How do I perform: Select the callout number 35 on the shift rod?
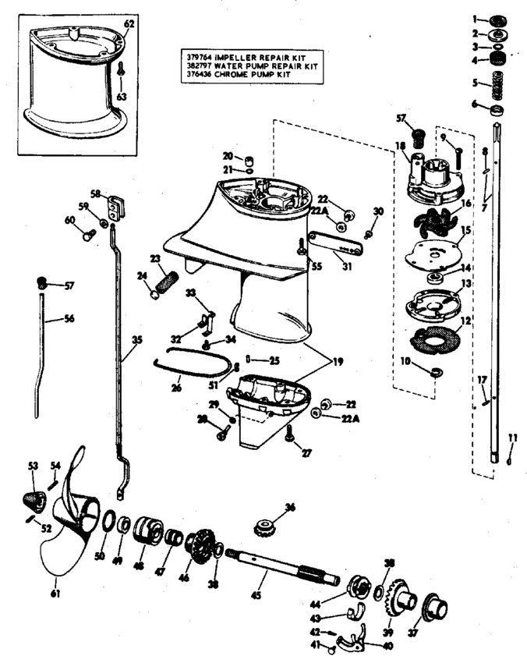click(x=138, y=340)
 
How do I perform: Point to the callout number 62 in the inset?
click(x=129, y=24)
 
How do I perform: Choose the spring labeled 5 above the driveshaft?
click(x=494, y=80)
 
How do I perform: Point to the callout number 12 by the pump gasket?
click(x=466, y=321)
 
